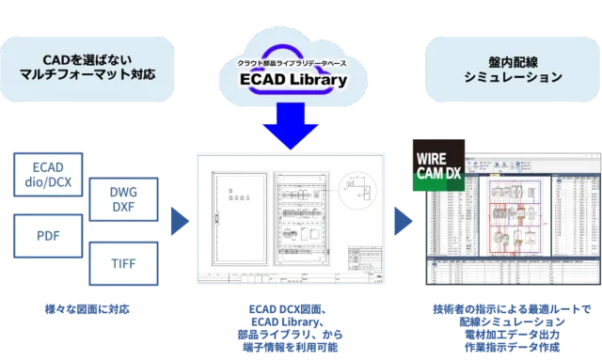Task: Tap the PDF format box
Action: (x=54, y=236)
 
